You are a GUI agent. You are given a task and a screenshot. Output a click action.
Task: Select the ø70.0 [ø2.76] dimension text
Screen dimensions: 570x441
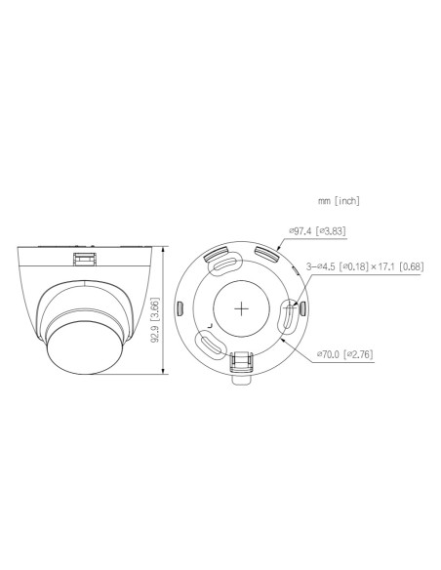click(x=343, y=353)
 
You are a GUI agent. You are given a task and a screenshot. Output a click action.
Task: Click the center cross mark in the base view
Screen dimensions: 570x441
click(x=240, y=305)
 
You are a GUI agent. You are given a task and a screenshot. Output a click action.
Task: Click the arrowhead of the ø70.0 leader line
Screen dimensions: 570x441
click(x=281, y=342)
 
